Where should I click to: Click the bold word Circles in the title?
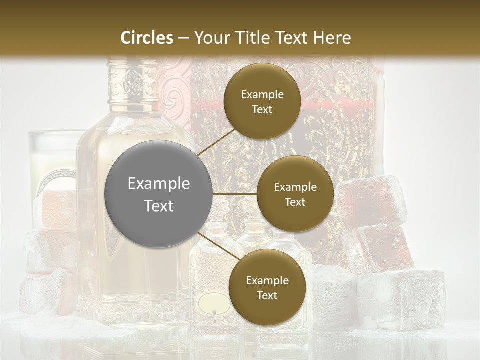[147, 38]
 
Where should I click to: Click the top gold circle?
[262, 101]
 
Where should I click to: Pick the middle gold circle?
[295, 194]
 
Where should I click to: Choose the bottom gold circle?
[267, 287]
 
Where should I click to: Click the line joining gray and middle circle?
[235, 194]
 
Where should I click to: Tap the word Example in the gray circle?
[159, 184]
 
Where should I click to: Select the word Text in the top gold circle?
[262, 109]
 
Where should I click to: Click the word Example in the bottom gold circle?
[267, 280]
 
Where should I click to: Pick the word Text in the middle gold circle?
[295, 202]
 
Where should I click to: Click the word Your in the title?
[210, 38]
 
